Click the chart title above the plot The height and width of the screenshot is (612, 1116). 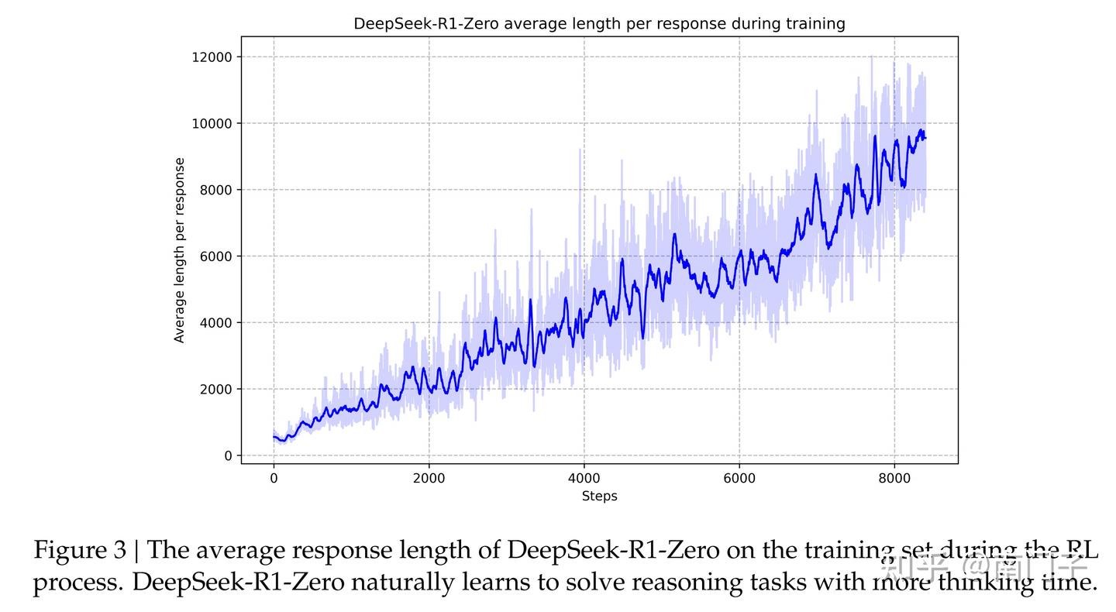pyautogui.click(x=599, y=24)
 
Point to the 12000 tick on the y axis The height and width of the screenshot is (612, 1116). pyautogui.click(x=213, y=57)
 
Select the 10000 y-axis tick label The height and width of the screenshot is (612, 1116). pyautogui.click(x=213, y=124)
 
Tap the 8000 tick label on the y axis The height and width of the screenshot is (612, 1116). pyautogui.click(x=216, y=190)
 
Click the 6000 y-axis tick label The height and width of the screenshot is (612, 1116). pyautogui.click(x=216, y=256)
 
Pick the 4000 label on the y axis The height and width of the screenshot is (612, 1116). pyautogui.click(x=216, y=323)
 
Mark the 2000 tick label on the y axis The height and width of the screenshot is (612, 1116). pyautogui.click(x=216, y=390)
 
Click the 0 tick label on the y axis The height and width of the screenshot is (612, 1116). pyautogui.click(x=227, y=456)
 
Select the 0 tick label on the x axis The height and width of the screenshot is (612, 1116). pyautogui.click(x=274, y=479)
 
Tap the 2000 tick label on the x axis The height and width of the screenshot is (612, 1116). pyautogui.click(x=429, y=479)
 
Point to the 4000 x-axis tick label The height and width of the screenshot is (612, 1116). pyautogui.click(x=584, y=479)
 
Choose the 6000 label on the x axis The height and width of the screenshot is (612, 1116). pyautogui.click(x=739, y=479)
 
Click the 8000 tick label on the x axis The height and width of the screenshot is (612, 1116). pyautogui.click(x=894, y=479)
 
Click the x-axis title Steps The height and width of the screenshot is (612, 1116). pyautogui.click(x=599, y=497)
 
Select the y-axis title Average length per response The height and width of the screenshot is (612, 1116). pyautogui.click(x=180, y=250)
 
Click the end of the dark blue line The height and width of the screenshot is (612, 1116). pyautogui.click(x=925, y=139)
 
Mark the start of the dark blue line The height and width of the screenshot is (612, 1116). pyautogui.click(x=274, y=437)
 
